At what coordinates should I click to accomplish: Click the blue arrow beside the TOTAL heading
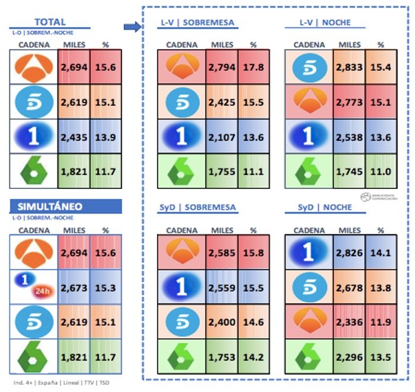click(x=131, y=25)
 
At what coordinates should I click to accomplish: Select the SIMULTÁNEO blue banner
click(x=66, y=206)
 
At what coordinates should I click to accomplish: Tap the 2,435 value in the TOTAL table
click(x=74, y=137)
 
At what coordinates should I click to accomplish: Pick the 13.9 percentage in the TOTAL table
click(x=106, y=137)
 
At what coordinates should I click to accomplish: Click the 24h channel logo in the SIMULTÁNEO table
click(x=33, y=286)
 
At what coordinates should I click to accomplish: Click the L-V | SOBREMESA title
click(x=197, y=23)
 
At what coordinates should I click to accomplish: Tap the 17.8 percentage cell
click(x=254, y=66)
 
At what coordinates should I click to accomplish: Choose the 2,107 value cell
click(x=222, y=137)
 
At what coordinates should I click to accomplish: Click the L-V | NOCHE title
click(x=325, y=23)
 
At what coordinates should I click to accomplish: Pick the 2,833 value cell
click(x=349, y=66)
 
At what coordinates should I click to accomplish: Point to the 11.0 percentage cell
click(x=381, y=172)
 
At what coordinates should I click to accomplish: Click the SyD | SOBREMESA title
click(x=198, y=208)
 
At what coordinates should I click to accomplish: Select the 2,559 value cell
click(x=222, y=288)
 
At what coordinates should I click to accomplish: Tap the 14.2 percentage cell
click(x=254, y=356)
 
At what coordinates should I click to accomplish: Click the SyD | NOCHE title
click(x=325, y=208)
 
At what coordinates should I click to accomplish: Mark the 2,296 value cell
click(x=349, y=356)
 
